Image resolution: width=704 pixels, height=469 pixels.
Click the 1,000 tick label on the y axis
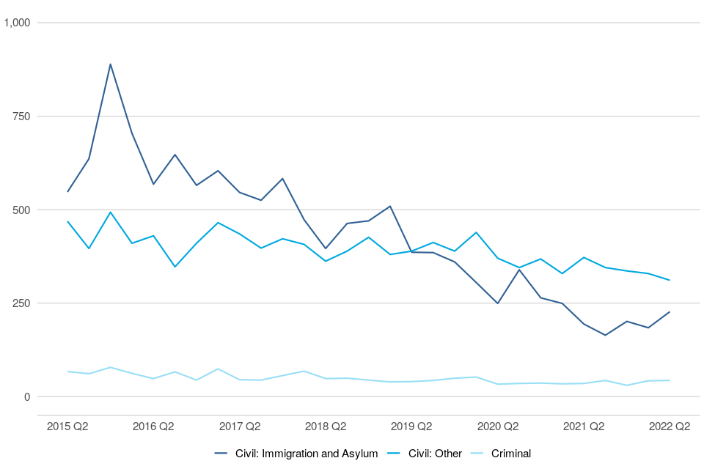coord(17,23)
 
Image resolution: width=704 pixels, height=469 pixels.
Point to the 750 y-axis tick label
coord(21,117)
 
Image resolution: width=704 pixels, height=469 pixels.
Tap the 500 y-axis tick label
coord(21,210)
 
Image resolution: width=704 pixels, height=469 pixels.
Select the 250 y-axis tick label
coord(21,303)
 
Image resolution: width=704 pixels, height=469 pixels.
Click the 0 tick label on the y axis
coord(28,396)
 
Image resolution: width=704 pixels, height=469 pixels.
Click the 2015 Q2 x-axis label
coord(67,426)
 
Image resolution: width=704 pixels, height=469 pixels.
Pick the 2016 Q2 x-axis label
coord(153,426)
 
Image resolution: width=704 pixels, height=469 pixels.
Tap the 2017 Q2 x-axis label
coord(240,426)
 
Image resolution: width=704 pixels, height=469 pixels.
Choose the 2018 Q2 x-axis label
coord(326,426)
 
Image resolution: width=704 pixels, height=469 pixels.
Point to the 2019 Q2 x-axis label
coord(411,426)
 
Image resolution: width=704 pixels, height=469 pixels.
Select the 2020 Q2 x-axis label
coord(498,426)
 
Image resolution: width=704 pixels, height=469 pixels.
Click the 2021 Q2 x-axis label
coord(584,426)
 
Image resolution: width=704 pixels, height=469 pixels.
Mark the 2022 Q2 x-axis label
coord(670,426)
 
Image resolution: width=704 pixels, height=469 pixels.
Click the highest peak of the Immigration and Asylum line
coord(110,64)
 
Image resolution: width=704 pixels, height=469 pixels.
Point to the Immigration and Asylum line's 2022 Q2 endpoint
coord(670,312)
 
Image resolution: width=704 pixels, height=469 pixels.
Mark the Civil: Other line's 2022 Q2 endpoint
coord(670,280)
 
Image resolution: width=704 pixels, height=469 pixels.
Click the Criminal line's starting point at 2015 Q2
coord(67,372)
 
